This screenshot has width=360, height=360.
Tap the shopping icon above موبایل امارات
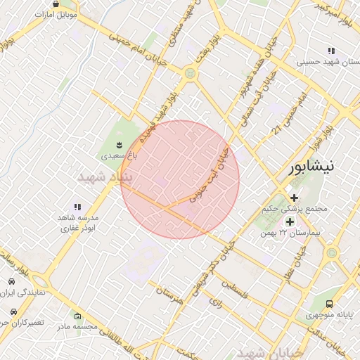point(55,4)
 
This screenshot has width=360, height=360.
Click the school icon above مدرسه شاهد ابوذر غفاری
point(77,207)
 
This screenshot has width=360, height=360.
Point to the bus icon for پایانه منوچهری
point(330,304)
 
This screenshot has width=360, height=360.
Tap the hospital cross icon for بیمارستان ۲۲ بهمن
point(290,221)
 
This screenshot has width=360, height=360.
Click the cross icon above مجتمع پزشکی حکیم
point(294,197)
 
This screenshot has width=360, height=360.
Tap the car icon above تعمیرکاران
point(12,311)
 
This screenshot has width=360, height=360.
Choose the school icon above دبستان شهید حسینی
point(331,51)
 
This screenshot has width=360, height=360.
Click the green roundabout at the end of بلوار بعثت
point(189,73)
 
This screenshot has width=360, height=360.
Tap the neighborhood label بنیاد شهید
point(105,177)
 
